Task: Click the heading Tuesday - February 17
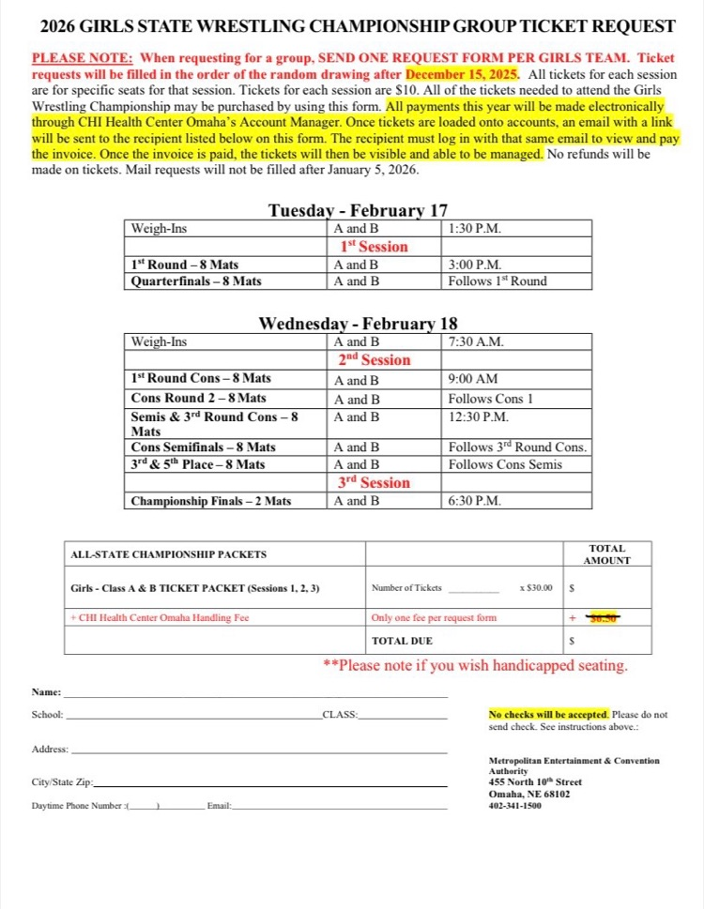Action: click(358, 210)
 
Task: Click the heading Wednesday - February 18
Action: click(358, 324)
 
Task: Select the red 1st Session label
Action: click(374, 247)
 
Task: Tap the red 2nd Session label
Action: click(374, 360)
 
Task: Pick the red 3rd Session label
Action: click(374, 483)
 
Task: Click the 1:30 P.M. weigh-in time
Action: click(475, 228)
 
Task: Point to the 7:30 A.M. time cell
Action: click(476, 341)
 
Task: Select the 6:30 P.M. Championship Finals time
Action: click(475, 501)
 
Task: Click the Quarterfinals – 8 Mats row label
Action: click(196, 280)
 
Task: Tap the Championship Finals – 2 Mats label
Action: click(211, 501)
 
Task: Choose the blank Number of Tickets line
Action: click(474, 590)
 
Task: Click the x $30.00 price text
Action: click(535, 588)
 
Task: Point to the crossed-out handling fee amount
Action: click(604, 617)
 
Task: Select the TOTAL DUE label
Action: click(402, 642)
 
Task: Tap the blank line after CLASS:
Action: click(404, 716)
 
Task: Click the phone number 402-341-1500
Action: click(515, 805)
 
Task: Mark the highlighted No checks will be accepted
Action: click(548, 714)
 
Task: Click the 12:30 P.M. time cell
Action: click(478, 417)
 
